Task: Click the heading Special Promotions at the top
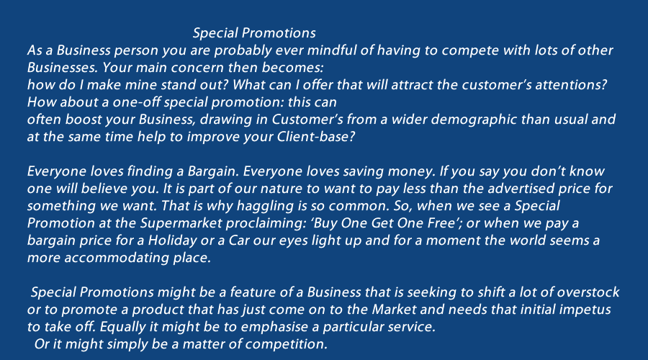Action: [x=254, y=33]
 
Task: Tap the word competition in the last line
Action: [x=287, y=344]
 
